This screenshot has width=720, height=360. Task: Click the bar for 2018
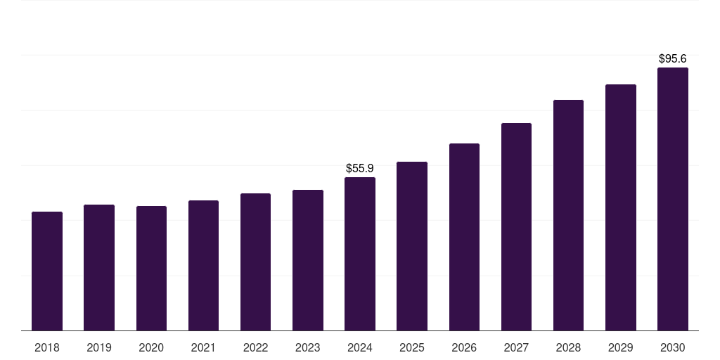(47, 271)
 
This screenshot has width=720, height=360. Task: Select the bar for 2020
(151, 268)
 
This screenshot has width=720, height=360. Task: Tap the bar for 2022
(255, 262)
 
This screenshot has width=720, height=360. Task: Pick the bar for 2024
(360, 254)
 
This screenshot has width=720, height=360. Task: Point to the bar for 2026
(464, 237)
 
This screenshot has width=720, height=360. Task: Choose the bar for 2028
(568, 215)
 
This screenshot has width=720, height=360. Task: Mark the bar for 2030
(673, 199)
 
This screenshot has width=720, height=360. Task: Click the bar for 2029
(621, 207)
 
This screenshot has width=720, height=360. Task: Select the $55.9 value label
(360, 169)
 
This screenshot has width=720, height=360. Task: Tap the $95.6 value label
(673, 59)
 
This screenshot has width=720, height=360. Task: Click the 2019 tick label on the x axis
(99, 347)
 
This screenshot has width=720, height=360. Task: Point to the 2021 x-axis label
(203, 347)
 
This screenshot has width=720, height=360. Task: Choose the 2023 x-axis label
(308, 347)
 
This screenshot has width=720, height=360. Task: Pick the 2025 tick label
(412, 347)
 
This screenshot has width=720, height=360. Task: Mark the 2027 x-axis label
(516, 347)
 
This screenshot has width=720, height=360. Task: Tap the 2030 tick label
(673, 347)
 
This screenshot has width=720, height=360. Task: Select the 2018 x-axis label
(47, 347)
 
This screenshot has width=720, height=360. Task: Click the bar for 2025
(412, 246)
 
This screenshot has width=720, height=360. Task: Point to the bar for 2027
(516, 227)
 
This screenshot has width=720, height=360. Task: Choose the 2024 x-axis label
(360, 347)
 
